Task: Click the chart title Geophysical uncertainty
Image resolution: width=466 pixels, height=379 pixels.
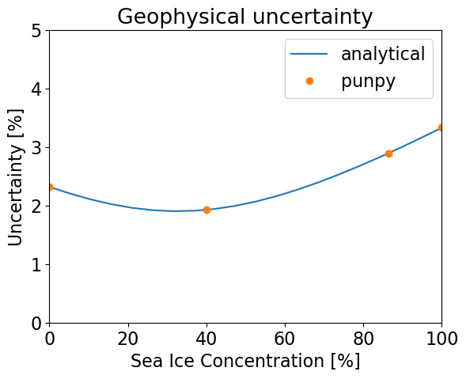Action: point(244,17)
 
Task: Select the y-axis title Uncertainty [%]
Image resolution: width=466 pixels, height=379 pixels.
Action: point(15,177)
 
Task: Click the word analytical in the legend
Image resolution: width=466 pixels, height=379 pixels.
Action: point(383,55)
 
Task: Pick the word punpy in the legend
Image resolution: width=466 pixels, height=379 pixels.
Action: point(368,81)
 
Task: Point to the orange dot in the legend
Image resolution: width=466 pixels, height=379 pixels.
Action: point(309,81)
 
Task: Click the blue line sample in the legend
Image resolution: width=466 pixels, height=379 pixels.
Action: point(309,55)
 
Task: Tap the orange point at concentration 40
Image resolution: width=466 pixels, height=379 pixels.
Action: point(206,210)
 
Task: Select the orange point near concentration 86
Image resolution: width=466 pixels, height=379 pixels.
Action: point(388,153)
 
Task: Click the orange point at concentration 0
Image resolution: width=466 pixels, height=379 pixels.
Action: point(49,187)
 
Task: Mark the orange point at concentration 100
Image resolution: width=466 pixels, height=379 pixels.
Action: point(441,127)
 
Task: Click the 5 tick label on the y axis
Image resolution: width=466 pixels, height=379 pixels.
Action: point(36,31)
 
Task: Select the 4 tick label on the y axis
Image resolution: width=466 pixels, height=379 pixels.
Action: point(36,89)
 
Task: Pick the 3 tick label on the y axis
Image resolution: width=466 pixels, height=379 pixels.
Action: point(36,148)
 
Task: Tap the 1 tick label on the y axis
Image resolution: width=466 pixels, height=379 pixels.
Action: point(36,265)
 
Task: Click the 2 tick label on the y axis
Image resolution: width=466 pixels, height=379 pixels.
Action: point(36,207)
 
